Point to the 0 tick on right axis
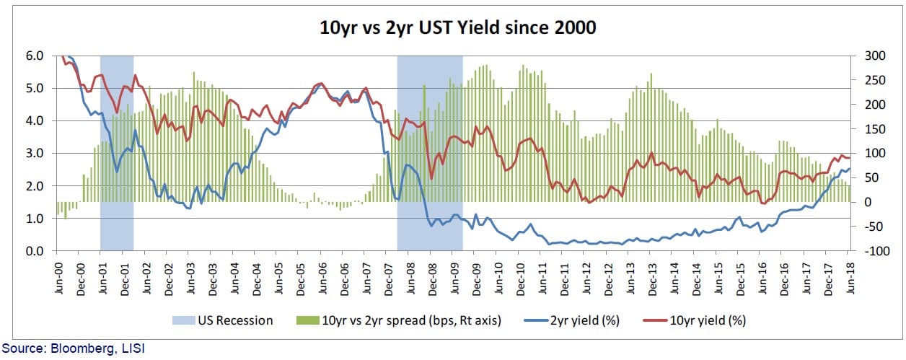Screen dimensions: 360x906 [859, 202]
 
